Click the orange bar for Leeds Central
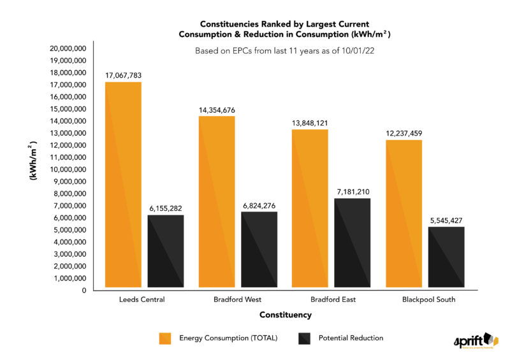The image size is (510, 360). (123, 185)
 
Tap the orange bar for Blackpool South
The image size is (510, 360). (404, 213)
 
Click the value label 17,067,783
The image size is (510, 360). (123, 75)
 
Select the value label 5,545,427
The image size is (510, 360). (446, 220)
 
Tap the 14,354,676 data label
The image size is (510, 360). (217, 110)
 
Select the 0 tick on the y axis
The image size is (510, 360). (84, 291)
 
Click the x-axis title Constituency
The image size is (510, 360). (285, 315)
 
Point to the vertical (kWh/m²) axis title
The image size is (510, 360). (33, 162)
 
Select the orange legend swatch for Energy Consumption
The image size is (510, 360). (166, 338)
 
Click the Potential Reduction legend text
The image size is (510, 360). (351, 338)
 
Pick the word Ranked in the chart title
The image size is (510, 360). (265, 24)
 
